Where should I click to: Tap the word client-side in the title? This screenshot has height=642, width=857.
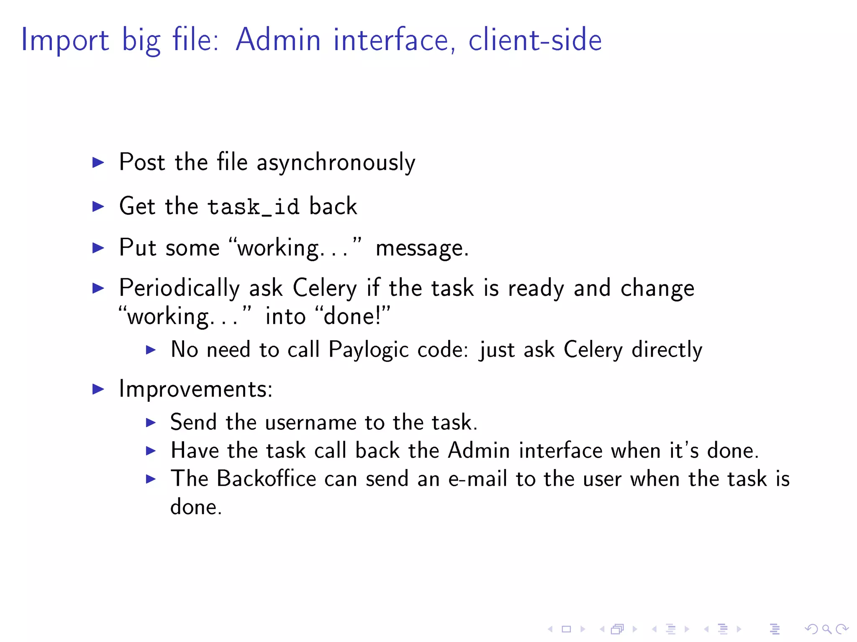[x=535, y=40]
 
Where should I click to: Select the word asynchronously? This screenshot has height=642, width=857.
[x=336, y=163]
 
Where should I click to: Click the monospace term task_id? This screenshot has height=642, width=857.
[x=253, y=207]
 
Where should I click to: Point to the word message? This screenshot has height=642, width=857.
[x=422, y=248]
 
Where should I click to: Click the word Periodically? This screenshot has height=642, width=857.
[x=179, y=288]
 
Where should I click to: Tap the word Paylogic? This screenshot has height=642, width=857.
[x=368, y=349]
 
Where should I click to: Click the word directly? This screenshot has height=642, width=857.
[x=667, y=349]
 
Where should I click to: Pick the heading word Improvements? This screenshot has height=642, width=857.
[x=195, y=389]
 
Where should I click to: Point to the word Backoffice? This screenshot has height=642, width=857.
[x=266, y=479]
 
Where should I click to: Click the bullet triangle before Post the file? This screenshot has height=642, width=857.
[x=98, y=162]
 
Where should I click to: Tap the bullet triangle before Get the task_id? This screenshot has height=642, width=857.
[x=98, y=206]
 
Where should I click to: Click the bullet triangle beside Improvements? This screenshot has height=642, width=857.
[x=98, y=389]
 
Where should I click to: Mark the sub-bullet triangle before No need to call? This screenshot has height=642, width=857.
[x=151, y=349]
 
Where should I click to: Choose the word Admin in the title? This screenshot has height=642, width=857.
[x=278, y=40]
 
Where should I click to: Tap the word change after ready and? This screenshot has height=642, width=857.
[x=657, y=288]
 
